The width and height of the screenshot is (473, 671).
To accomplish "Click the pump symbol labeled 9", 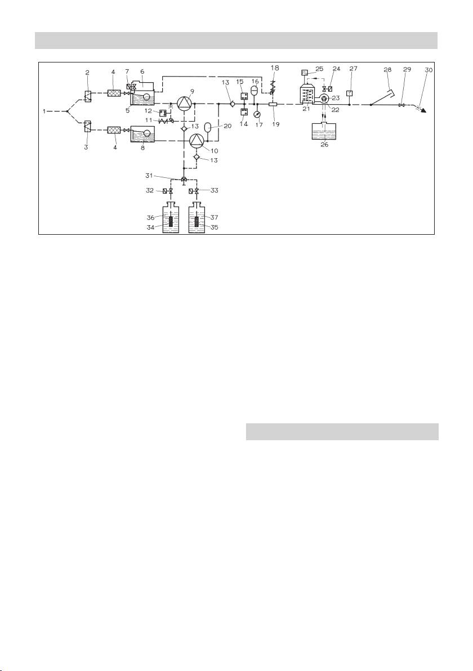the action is (184, 104).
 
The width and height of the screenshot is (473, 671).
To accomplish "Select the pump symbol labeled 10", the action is (195, 140).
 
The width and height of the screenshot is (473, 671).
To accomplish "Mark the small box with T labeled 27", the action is (350, 93).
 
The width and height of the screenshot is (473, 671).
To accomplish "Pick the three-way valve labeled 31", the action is (184, 180).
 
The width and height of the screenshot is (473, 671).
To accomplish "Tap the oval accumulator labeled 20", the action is (208, 127).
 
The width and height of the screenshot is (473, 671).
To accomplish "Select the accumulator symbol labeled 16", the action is (253, 90).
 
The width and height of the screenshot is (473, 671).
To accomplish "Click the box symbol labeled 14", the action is (244, 111).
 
